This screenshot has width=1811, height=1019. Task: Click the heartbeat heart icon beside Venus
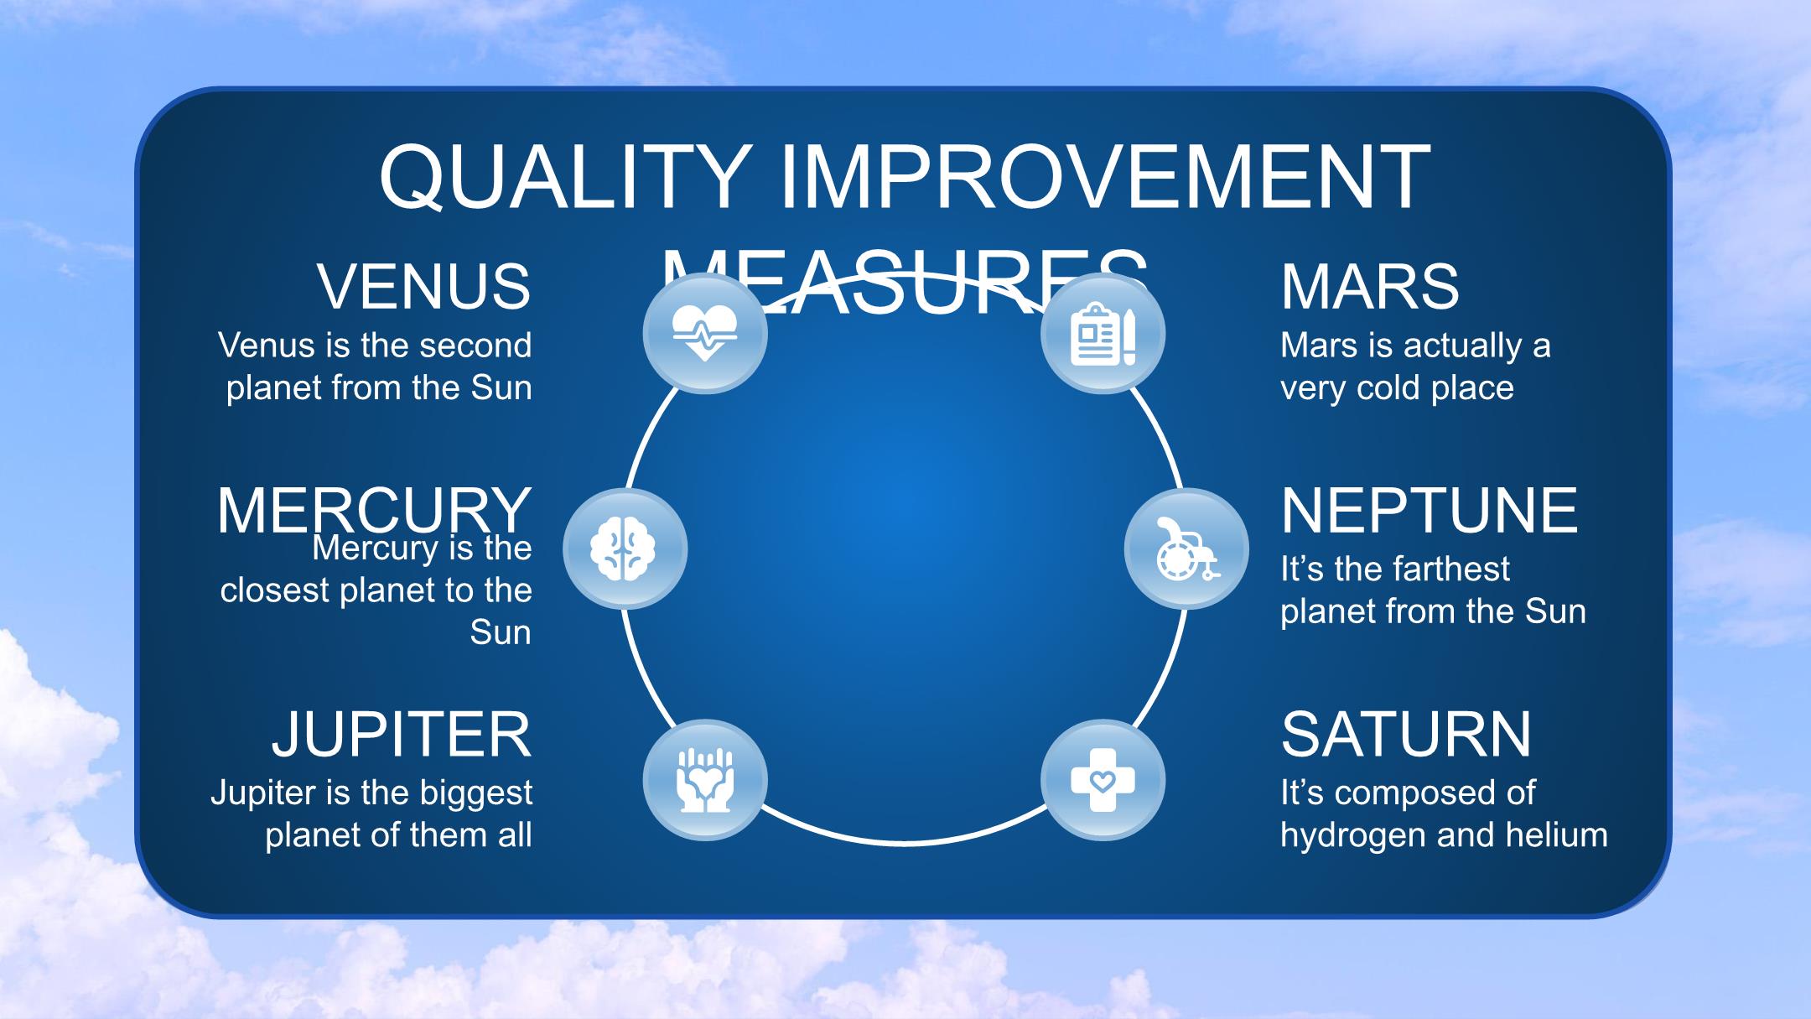click(x=705, y=333)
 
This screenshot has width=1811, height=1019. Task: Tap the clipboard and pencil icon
click(x=1103, y=334)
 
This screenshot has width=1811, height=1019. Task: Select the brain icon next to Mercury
click(x=625, y=548)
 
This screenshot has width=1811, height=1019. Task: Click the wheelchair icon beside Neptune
click(x=1187, y=548)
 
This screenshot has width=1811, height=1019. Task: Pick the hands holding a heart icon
click(x=705, y=780)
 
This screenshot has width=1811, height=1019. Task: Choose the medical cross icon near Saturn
click(x=1103, y=780)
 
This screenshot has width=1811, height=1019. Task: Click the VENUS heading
click(x=423, y=286)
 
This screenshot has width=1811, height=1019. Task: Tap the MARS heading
click(x=1370, y=286)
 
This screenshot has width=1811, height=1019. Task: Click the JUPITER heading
click(x=402, y=734)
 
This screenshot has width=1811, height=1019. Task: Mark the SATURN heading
click(x=1406, y=734)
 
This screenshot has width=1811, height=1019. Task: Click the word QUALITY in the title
click(x=564, y=177)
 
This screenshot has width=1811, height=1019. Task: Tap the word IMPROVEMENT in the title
click(x=1105, y=177)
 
